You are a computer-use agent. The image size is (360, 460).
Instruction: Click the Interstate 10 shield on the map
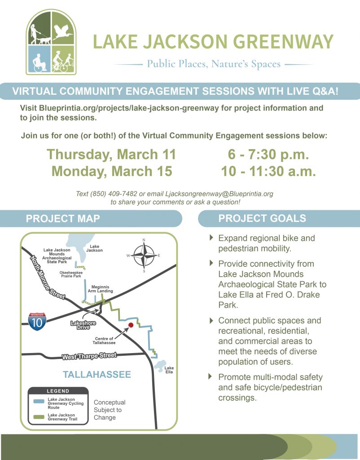pos(37,322)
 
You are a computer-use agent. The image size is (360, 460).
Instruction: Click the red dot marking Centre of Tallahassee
pos(131,324)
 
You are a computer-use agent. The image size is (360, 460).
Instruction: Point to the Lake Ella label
pos(169,370)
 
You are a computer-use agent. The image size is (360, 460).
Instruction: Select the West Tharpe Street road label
pos(89,357)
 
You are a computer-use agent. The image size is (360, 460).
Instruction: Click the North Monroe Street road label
pos(48,278)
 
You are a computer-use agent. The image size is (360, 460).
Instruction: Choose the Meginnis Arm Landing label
pos(100,289)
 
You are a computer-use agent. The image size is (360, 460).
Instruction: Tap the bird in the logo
pos(63,32)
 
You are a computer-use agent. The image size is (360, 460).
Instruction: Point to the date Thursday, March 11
pos(111,155)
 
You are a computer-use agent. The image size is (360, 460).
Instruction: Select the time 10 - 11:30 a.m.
pos(268,171)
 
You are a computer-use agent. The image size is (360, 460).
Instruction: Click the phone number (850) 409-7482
pos(108,194)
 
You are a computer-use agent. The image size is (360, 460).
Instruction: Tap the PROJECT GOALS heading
pos(262,219)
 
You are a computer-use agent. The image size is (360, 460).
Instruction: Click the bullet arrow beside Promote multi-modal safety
pos(212,377)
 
